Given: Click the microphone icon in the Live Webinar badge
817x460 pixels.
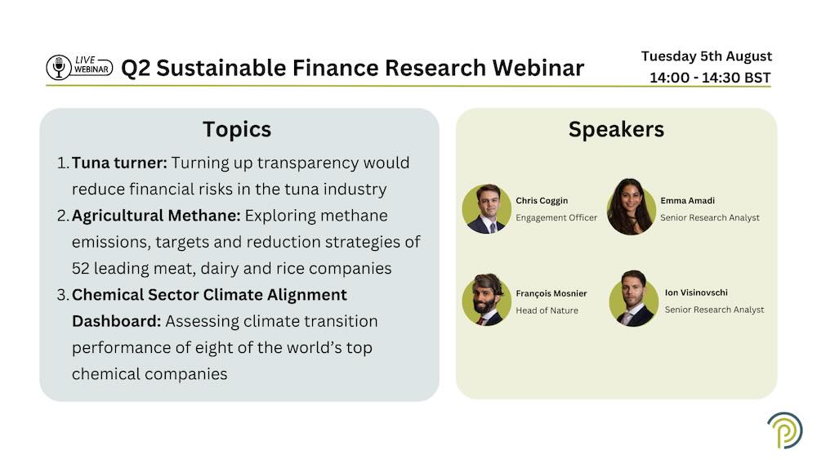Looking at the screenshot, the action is click(x=59, y=67).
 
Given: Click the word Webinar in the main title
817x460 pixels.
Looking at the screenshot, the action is click(x=538, y=68).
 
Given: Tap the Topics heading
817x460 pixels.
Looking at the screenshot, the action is click(x=237, y=130).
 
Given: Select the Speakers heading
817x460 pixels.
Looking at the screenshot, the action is click(x=616, y=129).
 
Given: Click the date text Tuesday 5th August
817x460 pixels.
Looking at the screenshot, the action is click(x=707, y=56).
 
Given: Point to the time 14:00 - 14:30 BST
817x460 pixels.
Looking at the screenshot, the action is click(x=710, y=78).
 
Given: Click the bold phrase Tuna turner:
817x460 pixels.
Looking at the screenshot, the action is click(x=119, y=163).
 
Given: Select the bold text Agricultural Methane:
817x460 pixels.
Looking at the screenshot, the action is click(x=156, y=216).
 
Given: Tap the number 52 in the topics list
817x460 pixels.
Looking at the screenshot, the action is click(x=81, y=268).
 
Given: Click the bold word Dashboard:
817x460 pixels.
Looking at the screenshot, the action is click(x=117, y=321).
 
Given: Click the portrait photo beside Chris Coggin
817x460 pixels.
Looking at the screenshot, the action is click(x=487, y=208).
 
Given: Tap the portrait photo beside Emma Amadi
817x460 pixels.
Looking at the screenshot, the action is click(x=631, y=207).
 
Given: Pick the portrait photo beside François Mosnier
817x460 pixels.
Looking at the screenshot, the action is click(x=487, y=300).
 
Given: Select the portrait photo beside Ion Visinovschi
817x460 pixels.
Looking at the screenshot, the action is click(x=634, y=299).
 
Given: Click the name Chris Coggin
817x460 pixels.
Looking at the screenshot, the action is click(x=542, y=201).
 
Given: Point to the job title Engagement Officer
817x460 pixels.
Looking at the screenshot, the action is click(x=556, y=218).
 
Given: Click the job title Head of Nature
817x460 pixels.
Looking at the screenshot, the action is click(x=547, y=310).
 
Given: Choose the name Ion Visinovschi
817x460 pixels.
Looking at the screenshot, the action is click(x=696, y=293).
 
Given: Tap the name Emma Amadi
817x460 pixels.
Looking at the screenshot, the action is click(x=687, y=200).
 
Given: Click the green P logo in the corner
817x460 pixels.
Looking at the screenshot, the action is click(x=784, y=431).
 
